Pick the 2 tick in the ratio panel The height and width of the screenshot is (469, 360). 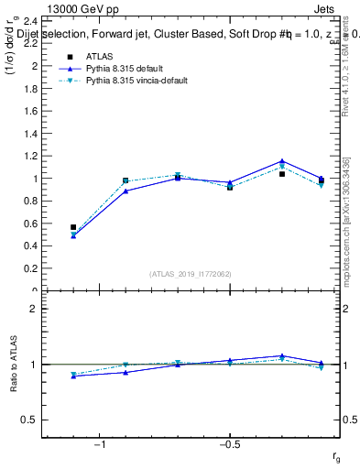[33, 309]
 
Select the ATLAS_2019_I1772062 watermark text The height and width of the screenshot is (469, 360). [190, 274]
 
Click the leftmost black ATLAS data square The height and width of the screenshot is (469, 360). [73, 227]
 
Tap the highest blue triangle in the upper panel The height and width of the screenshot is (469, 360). [282, 161]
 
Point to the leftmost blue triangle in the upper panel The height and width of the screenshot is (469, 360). [73, 235]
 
